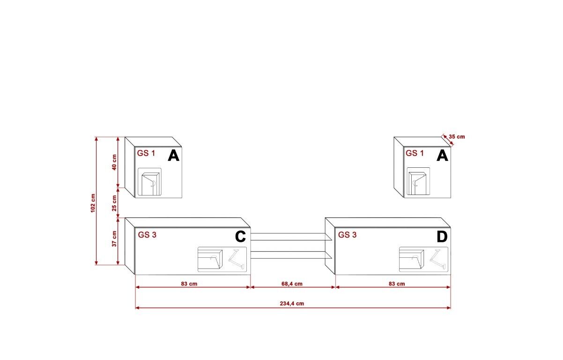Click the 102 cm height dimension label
(x=93, y=202)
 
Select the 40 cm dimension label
(x=114, y=162)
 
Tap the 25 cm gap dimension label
(x=114, y=202)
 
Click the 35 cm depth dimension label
(x=457, y=137)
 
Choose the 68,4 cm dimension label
(x=292, y=284)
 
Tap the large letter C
(x=240, y=237)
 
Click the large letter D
(x=442, y=237)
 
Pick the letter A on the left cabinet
(x=173, y=156)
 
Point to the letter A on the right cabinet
(x=442, y=156)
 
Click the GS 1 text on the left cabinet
(x=146, y=153)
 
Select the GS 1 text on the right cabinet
(x=415, y=153)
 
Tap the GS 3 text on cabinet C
(x=147, y=235)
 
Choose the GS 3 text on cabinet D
(x=348, y=235)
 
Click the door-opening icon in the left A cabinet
(x=150, y=182)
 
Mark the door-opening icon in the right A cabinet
(x=418, y=182)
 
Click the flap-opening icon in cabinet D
(x=423, y=259)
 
